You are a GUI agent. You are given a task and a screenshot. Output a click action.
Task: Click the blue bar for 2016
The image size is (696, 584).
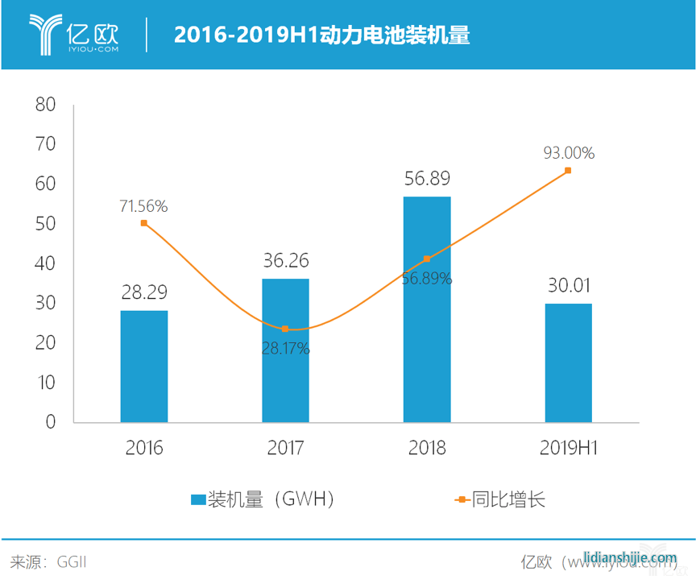pos(144,367)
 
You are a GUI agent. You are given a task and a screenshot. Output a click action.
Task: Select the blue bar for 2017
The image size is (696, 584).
pos(285,350)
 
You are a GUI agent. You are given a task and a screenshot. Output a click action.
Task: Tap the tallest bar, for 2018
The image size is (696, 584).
pos(427,309)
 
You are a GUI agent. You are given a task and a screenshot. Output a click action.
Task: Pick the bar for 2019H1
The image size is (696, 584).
pos(568,362)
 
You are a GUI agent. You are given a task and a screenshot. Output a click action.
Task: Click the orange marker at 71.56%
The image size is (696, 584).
pos(144,223)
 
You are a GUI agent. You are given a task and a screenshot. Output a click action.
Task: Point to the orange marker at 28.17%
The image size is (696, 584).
pos(285,329)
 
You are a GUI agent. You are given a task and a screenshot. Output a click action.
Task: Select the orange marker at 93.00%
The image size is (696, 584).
pos(568,170)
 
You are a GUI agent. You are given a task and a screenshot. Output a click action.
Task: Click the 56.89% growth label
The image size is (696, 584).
pos(427,279)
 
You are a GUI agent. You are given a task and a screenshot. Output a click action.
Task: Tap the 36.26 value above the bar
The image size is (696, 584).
pos(285,262)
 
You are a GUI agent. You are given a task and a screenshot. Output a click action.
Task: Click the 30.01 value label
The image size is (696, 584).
pos(568,287)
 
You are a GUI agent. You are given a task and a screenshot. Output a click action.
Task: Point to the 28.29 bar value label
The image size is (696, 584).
pos(144,293)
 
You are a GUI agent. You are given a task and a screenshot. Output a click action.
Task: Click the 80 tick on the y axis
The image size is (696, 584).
pos(45,105)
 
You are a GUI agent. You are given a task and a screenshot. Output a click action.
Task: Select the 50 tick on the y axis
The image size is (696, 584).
pos(45,224)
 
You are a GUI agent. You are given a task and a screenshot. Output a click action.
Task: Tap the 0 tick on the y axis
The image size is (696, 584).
pos(50,422)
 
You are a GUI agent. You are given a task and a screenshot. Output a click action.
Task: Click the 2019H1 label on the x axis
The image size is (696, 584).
pos(568,448)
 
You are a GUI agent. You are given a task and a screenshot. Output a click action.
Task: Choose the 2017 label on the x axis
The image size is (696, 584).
pos(285,448)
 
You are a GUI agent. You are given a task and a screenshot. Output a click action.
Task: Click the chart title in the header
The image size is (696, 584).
pos(322,35)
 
